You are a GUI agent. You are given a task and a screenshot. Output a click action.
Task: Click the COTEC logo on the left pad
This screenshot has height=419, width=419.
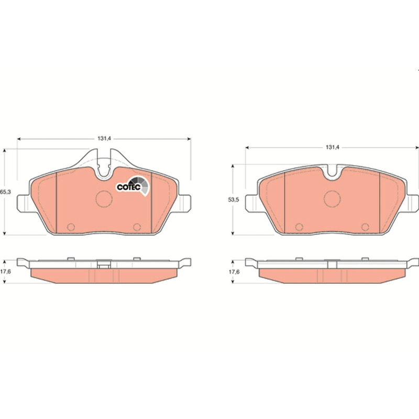(133, 186)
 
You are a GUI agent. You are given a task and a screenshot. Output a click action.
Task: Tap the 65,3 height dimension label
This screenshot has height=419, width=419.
(5, 192)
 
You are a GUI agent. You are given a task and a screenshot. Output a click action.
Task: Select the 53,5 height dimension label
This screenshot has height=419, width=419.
(233, 200)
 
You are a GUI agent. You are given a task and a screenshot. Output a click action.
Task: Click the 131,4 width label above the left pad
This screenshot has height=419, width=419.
(104, 138)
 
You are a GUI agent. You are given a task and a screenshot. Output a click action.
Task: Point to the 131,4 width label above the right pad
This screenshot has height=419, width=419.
(332, 147)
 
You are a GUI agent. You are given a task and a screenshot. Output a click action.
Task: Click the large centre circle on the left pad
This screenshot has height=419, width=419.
(104, 199)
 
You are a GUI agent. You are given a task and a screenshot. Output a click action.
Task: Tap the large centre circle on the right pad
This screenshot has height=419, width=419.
(332, 199)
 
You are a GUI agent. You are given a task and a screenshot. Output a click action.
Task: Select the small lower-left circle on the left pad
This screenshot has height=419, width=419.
(71, 227)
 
